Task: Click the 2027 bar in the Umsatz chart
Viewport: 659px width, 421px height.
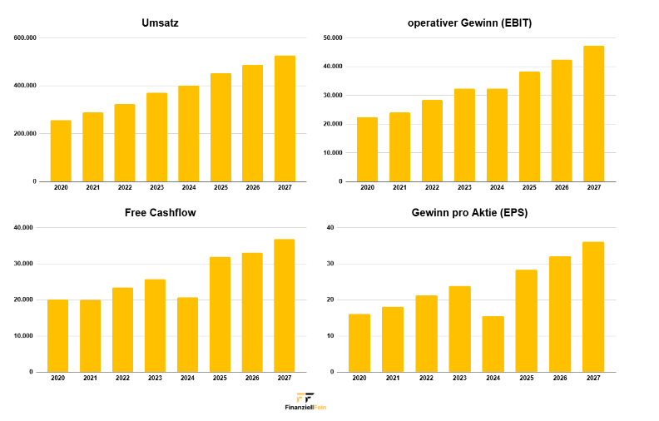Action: click(285, 119)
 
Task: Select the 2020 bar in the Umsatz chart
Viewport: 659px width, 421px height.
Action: click(61, 151)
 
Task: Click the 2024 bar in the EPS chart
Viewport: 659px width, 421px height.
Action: click(493, 344)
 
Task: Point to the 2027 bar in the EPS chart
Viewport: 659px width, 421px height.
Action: click(593, 307)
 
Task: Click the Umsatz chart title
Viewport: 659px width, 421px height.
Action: click(160, 22)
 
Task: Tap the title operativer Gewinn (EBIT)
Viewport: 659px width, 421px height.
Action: click(469, 22)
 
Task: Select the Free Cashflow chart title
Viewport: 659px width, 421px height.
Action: click(160, 212)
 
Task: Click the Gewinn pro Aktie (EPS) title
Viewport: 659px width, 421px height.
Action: click(469, 212)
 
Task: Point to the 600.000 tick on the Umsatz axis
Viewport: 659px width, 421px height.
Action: click(25, 37)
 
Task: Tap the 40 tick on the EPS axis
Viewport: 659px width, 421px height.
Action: click(330, 227)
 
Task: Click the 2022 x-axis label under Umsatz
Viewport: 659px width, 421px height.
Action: click(125, 188)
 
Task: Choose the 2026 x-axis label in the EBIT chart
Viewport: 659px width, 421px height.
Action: click(562, 188)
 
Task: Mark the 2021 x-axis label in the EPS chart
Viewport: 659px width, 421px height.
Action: click(393, 379)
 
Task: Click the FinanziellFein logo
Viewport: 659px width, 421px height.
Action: click(305, 401)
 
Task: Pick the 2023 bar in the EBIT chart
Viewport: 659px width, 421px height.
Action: click(464, 135)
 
